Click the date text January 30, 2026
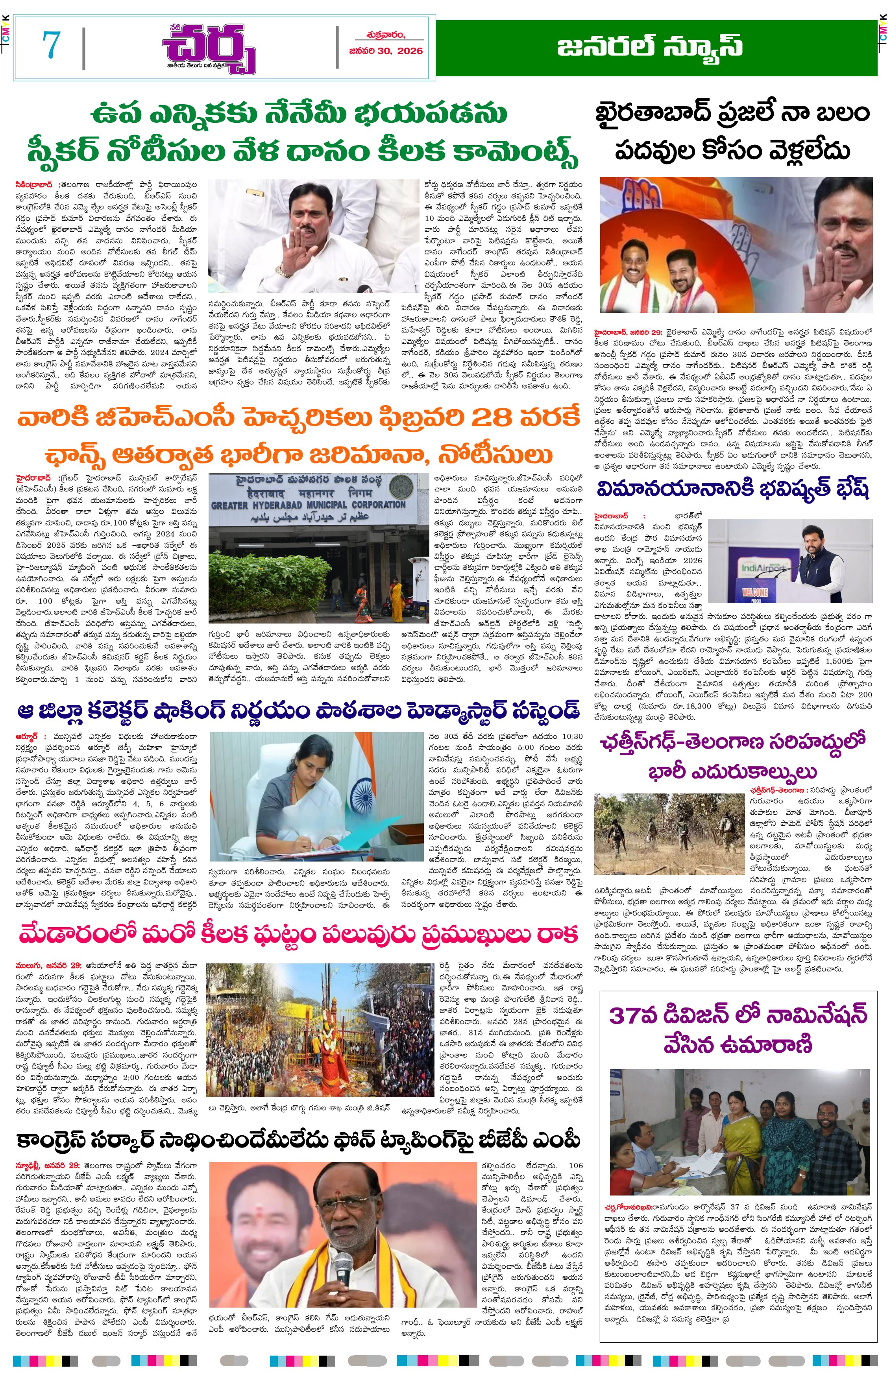(x=386, y=51)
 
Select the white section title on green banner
(x=649, y=47)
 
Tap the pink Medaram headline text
(x=298, y=934)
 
